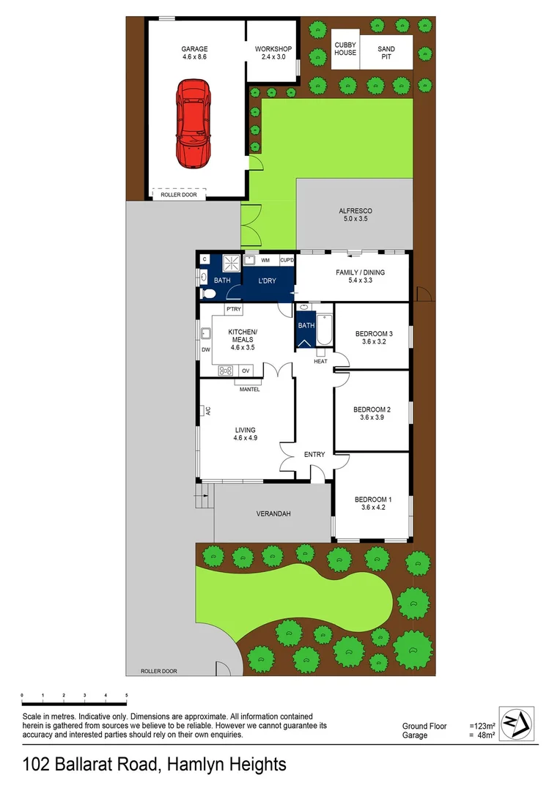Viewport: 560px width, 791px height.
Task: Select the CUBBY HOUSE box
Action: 345,49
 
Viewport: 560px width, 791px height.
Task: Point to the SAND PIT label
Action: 386,53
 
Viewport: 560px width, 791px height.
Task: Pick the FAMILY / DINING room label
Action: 360,276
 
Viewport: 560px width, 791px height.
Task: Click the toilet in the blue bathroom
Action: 207,294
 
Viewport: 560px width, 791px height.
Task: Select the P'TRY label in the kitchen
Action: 234,310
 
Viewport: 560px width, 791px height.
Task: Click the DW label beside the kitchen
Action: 205,349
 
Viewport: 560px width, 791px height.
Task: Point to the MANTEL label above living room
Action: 249,389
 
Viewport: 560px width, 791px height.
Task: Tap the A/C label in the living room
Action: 207,411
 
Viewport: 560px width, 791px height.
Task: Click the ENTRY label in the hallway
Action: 314,455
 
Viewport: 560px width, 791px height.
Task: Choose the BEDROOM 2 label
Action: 372,413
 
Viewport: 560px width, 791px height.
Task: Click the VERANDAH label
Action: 273,514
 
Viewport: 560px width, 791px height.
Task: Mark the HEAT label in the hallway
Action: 320,361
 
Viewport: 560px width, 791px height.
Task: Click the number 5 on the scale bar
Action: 127,694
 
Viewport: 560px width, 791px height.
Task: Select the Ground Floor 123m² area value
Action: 482,726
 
